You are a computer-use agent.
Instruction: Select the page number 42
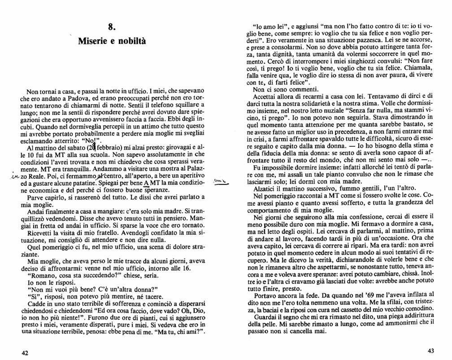26,353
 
